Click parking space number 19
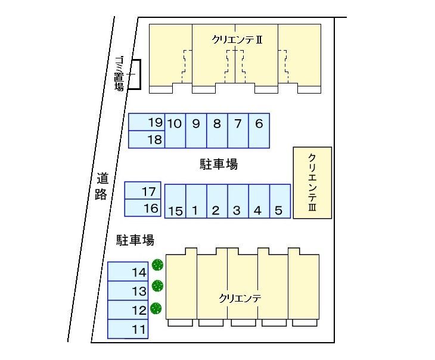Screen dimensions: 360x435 click(146, 123)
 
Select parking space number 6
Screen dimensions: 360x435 click(259, 130)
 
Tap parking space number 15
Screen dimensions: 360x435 click(175, 201)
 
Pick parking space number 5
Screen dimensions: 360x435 click(279, 201)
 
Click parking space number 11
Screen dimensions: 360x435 click(128, 329)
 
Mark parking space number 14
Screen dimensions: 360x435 click(128, 272)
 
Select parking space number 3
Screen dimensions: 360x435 click(237, 201)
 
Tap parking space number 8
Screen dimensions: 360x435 click(217, 130)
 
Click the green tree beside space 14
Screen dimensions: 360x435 click(157, 265)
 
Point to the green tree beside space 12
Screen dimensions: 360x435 click(157, 308)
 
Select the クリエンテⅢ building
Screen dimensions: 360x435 click(312, 183)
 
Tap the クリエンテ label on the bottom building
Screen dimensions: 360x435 click(241, 298)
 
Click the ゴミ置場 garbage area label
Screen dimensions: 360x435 click(120, 74)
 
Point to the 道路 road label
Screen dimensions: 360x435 click(101, 185)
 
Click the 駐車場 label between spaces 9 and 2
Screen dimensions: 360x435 click(219, 165)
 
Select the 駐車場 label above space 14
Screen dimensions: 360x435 click(135, 240)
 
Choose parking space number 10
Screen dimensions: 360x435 click(175, 130)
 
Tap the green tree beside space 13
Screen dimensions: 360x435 click(157, 286)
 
